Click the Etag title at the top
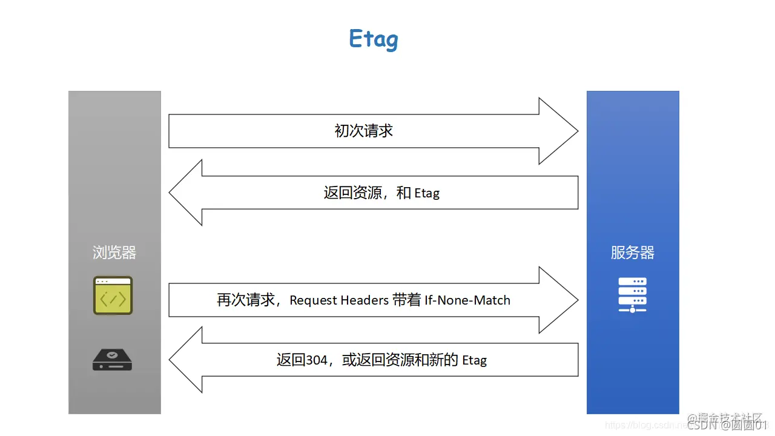pyautogui.click(x=374, y=39)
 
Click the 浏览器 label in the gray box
pyautogui.click(x=114, y=253)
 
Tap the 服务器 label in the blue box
pyautogui.click(x=633, y=253)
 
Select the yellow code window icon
pyautogui.click(x=113, y=296)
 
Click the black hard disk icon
pyautogui.click(x=112, y=360)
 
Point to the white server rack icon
pyautogui.click(x=633, y=294)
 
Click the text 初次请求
pyautogui.click(x=364, y=131)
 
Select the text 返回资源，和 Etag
pyautogui.click(x=381, y=193)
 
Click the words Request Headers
pyautogui.click(x=339, y=300)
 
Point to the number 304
pyautogui.click(x=317, y=360)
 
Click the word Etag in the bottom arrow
pyautogui.click(x=474, y=360)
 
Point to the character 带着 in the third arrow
pyautogui.click(x=407, y=300)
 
